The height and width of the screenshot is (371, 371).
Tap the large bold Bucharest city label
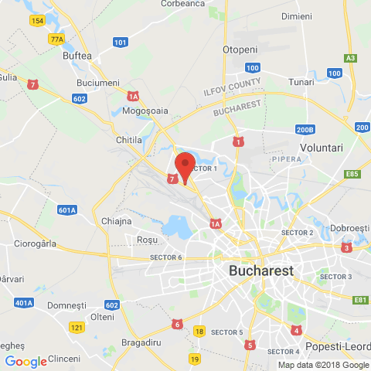pos(262,271)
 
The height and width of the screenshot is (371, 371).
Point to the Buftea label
pos(77,56)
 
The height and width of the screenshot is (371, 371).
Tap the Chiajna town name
pos(117,221)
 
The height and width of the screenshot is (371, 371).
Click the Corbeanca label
pos(182,4)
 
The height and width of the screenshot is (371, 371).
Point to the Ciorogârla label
pos(30,243)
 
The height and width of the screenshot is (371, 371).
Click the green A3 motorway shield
pos(352,58)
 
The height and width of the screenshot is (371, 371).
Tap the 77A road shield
pos(56,39)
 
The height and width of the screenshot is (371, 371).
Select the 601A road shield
pos(67,209)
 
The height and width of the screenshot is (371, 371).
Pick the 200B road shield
pos(305,130)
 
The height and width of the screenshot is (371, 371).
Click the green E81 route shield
pos(360,300)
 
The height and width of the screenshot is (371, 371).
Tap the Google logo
pos(26,361)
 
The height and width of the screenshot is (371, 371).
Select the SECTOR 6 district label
pos(165,257)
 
